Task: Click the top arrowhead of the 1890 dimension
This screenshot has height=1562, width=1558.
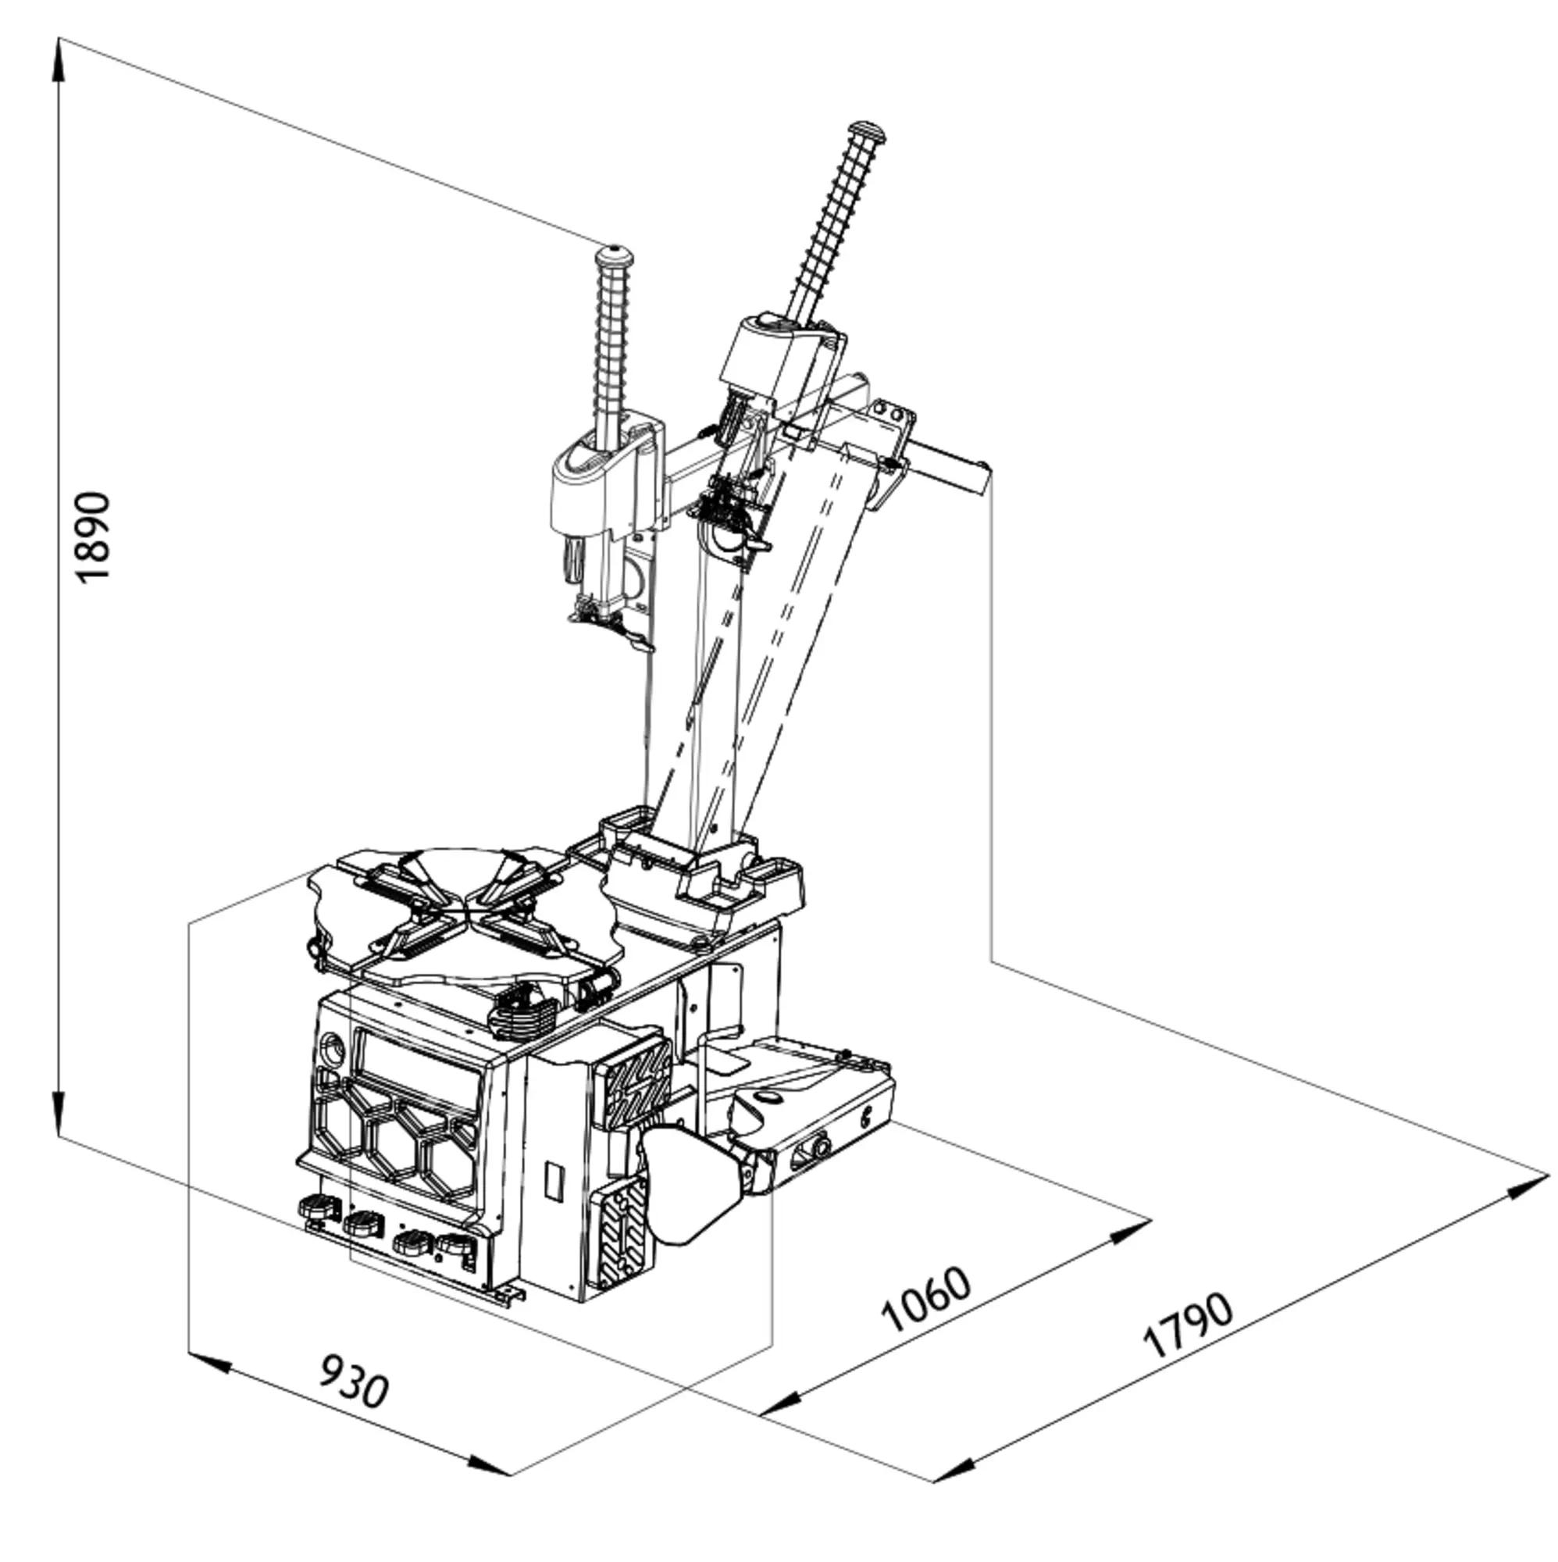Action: click(59, 61)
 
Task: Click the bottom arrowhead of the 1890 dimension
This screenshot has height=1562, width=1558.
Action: click(59, 1112)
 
